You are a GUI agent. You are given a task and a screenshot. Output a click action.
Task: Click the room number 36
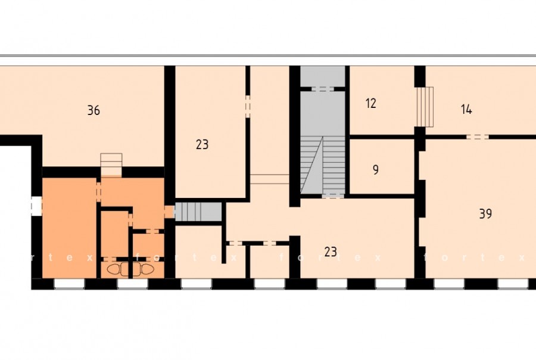[94, 110]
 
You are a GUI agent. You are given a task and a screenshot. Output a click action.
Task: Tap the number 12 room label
[371, 103]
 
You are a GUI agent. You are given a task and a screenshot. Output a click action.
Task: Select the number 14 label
[466, 110]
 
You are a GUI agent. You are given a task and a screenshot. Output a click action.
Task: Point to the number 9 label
[376, 169]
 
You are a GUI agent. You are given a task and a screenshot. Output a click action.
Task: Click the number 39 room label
[485, 213]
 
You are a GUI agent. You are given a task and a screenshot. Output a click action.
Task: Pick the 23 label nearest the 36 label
[202, 144]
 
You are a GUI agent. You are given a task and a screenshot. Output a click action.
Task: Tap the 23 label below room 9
[331, 252]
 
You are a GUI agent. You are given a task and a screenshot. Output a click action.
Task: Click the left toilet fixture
[114, 269]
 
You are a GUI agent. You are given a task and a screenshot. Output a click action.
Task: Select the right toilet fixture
[147, 269]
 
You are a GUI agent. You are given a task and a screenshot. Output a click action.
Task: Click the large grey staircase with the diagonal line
[322, 165]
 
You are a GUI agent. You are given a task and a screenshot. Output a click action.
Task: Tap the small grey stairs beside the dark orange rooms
[198, 212]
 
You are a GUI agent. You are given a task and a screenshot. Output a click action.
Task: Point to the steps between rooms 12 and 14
[425, 107]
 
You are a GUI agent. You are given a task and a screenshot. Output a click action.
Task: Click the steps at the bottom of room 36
[111, 165]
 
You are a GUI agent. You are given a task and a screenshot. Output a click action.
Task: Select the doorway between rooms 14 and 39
[478, 137]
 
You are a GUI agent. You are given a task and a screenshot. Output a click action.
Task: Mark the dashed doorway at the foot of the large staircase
[333, 195]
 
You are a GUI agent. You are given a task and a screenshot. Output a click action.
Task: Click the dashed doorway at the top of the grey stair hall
[322, 89]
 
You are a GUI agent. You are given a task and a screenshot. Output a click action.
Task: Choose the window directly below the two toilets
[132, 284]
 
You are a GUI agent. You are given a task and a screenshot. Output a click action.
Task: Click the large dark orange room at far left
[69, 228]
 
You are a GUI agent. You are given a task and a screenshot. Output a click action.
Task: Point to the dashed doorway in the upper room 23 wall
[248, 107]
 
